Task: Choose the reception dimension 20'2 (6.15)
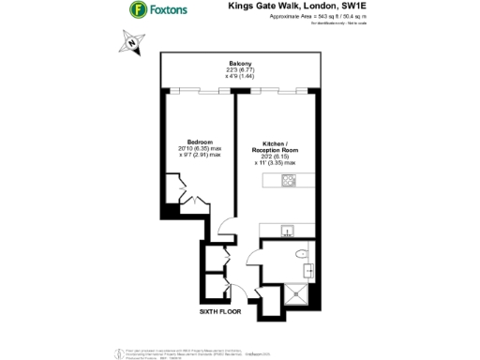click(275, 157)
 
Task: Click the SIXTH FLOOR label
click(219, 309)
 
